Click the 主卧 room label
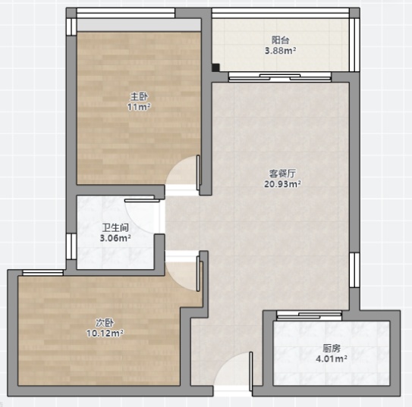point(139,97)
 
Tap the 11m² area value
point(139,107)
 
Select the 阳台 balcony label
point(281,40)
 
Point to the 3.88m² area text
point(281,50)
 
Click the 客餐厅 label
point(282,174)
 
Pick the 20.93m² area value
point(282,184)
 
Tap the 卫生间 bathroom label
point(115,227)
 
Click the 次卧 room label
point(105,323)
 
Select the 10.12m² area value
point(105,333)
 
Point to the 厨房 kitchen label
point(332,349)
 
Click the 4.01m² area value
point(332,358)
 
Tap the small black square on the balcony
point(215,67)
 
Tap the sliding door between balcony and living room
point(279,77)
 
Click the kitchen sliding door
point(309,316)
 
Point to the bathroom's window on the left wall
point(71,246)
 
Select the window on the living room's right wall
point(354,270)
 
